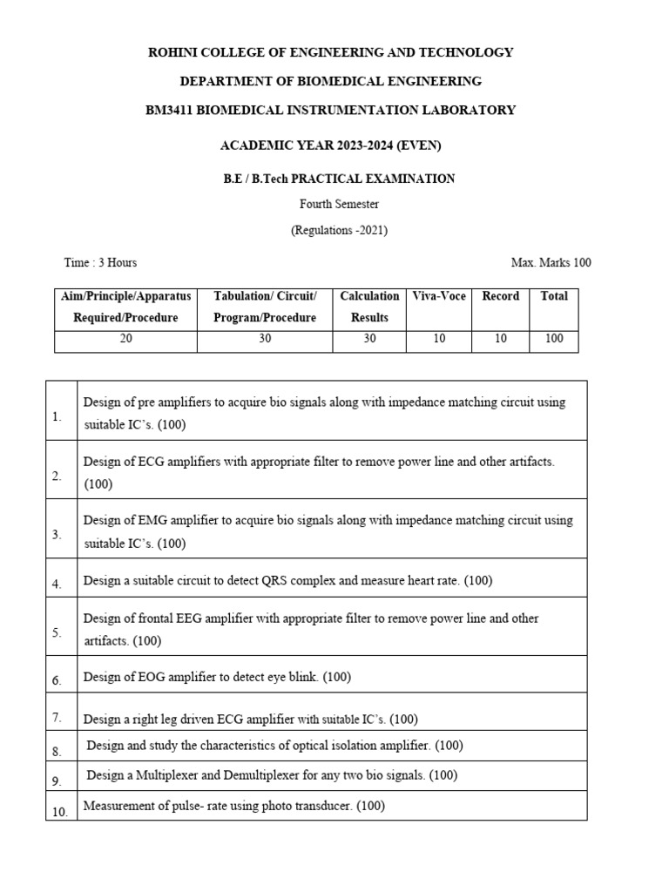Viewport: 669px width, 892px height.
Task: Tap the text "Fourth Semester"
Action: (x=339, y=205)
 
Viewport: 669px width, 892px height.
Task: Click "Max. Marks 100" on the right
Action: (x=551, y=262)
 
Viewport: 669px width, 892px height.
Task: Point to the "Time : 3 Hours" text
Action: (x=100, y=262)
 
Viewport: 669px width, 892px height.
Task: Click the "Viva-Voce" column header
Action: (x=439, y=296)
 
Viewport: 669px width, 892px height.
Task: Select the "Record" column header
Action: (x=500, y=296)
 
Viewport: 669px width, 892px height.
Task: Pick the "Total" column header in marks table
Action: (x=554, y=296)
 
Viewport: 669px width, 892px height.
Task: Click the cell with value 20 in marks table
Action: (x=126, y=339)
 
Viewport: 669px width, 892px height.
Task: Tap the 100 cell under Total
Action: (x=554, y=339)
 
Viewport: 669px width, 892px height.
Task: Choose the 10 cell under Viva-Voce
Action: (x=439, y=339)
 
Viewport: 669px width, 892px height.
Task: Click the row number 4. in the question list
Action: (x=57, y=585)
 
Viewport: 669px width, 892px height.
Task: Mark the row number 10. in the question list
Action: (x=59, y=812)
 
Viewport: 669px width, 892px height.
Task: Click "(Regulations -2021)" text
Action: (x=339, y=231)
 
